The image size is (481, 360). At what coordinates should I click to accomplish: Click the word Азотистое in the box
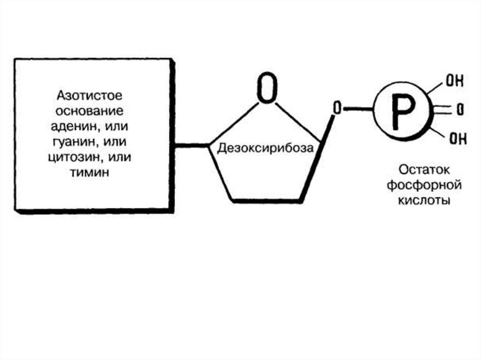point(89,96)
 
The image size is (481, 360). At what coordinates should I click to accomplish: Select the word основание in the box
point(89,111)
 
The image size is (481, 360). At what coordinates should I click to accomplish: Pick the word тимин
point(89,172)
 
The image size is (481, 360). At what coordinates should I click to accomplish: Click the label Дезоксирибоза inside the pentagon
point(265,149)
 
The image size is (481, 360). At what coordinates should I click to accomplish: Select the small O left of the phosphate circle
point(336,108)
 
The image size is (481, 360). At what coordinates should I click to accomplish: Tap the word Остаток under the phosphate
point(424,169)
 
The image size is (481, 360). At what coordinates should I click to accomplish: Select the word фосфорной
point(424,184)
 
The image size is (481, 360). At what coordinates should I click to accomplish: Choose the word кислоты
point(424,200)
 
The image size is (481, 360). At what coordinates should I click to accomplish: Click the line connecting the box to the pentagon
point(191,146)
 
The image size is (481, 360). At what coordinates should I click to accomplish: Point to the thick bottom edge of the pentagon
point(266,201)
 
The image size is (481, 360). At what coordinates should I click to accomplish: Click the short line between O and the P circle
point(358,109)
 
